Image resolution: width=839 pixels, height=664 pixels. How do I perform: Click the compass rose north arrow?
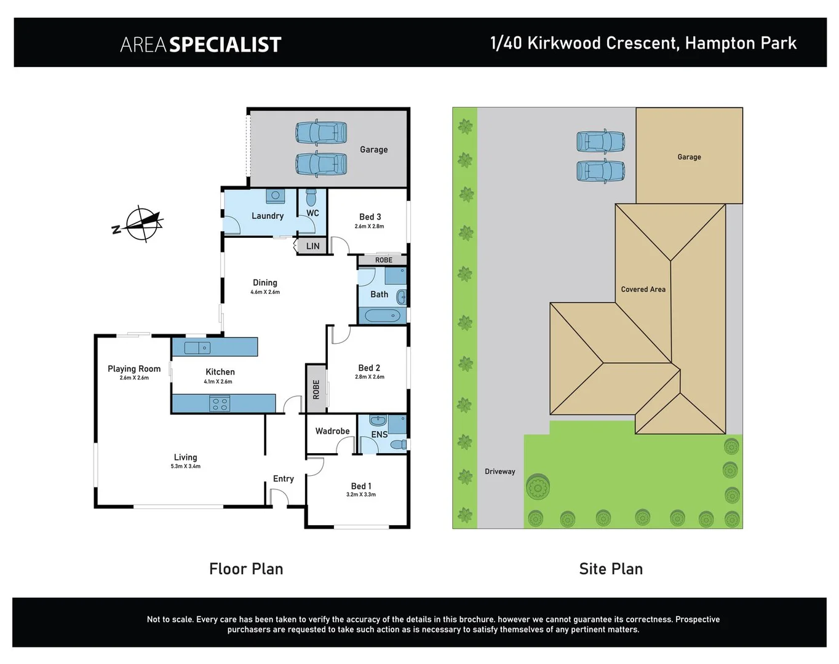(143, 224)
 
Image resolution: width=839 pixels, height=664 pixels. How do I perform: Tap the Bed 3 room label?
(370, 216)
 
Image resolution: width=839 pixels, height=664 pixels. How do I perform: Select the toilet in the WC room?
(311, 198)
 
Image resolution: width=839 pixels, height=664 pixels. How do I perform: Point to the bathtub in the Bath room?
(382, 316)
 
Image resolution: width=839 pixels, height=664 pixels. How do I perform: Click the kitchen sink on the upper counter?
(197, 348)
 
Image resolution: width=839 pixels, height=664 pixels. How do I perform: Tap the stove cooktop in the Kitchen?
(220, 404)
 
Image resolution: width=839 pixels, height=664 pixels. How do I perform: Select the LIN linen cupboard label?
(312, 246)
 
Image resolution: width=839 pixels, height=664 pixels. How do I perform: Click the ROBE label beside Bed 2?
(316, 389)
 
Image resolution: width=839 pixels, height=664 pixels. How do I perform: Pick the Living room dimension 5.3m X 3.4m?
(185, 467)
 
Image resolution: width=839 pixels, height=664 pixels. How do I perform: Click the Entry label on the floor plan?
(283, 478)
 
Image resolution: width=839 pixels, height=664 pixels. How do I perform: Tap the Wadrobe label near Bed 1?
(332, 431)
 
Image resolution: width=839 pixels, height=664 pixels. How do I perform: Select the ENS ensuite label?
(379, 434)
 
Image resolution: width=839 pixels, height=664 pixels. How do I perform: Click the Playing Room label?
(134, 369)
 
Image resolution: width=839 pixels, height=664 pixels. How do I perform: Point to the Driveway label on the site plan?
(499, 472)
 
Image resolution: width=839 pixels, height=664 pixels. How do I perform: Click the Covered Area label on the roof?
(643, 289)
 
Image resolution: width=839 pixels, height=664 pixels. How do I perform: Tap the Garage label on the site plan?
(689, 157)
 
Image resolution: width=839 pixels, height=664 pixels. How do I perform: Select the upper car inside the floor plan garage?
(321, 133)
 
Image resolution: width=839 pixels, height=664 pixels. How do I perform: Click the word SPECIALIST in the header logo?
(225, 44)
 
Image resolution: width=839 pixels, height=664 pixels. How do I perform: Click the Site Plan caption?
(611, 569)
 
